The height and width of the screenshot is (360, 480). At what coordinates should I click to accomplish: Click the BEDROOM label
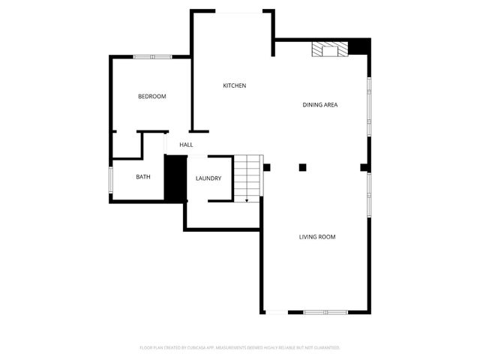coord(151,97)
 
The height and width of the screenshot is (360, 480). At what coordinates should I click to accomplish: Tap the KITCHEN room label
coord(234,85)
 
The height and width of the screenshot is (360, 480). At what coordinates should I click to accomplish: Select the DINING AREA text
coord(319,105)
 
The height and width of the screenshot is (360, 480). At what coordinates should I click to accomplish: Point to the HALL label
coord(186,145)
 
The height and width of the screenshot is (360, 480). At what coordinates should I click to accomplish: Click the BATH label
coord(142,177)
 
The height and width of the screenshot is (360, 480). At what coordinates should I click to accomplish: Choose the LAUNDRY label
coord(208,178)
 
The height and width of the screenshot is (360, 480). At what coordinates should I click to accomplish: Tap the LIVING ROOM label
coord(316,237)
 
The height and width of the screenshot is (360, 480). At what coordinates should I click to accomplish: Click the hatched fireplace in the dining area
coord(331,49)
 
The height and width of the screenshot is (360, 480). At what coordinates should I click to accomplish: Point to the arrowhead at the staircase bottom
coord(247,200)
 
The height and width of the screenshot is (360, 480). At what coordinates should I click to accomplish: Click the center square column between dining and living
coord(302,167)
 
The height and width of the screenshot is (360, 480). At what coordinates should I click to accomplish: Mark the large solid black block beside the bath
coord(175,178)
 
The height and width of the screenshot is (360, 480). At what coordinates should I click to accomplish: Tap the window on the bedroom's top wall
coord(154,56)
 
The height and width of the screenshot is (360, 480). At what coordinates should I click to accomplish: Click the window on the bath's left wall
coord(111,178)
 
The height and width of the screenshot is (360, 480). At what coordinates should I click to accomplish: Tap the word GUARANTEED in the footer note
coord(325,348)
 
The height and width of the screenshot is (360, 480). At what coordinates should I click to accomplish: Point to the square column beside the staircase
coord(266,167)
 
